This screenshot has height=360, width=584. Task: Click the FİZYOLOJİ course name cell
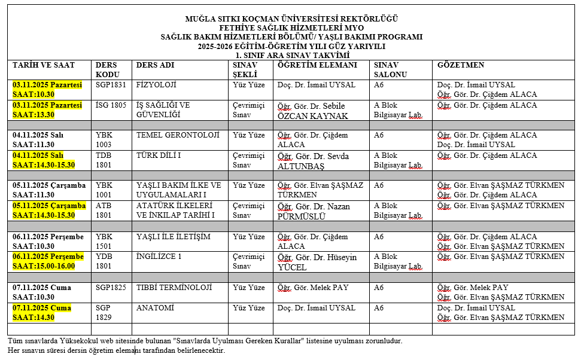click(x=156, y=85)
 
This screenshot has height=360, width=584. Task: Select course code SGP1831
click(x=111, y=85)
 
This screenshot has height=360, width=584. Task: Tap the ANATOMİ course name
click(x=155, y=308)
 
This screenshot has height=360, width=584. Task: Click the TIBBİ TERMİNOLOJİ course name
click(x=174, y=288)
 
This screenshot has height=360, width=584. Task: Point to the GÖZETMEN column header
click(x=461, y=65)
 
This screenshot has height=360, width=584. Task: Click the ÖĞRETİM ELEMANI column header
click(x=317, y=65)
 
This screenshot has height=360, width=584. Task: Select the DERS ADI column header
click(x=156, y=65)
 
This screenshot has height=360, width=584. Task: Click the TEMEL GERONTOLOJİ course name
click(x=178, y=135)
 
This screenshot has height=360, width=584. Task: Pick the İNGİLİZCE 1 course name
click(x=159, y=257)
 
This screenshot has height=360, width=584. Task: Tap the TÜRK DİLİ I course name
click(x=159, y=155)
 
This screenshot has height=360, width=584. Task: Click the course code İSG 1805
click(x=111, y=105)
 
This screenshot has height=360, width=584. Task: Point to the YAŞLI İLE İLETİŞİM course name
click(x=174, y=237)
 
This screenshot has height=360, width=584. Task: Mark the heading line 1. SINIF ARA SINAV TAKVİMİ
click(x=292, y=55)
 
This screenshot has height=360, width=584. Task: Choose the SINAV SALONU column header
click(x=390, y=69)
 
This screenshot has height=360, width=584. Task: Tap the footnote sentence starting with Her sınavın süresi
click(x=116, y=350)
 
